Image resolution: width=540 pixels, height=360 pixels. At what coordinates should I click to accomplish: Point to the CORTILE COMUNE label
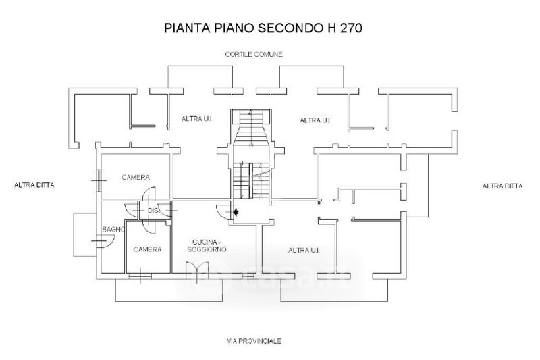[254, 55]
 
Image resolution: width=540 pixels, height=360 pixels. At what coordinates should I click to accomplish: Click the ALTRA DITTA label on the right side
[504, 186]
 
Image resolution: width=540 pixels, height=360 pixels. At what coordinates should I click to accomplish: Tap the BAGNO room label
[112, 230]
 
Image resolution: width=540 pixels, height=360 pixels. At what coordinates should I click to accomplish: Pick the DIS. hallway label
[153, 211]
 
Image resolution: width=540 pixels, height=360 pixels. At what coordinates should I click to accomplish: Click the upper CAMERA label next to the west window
[135, 178]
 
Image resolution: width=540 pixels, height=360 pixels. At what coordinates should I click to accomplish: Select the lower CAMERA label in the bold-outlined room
[146, 249]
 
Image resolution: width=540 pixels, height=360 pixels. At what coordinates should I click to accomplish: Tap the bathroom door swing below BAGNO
[99, 241]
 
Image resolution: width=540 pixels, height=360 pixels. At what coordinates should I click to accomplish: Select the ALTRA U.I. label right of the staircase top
[315, 120]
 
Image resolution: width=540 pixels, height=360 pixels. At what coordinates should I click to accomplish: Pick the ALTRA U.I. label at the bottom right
[304, 251]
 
